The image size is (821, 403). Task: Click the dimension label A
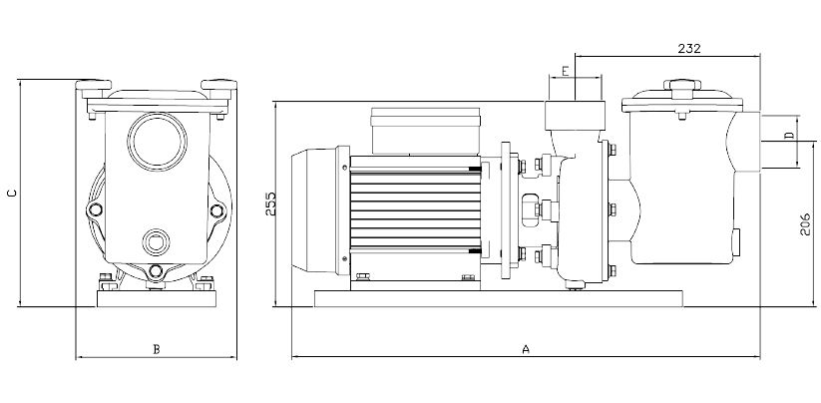526,349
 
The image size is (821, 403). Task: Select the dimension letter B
156,349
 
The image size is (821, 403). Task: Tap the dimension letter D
788,135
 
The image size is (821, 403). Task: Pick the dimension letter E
565,71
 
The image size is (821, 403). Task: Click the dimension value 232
689,48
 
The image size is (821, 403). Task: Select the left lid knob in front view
100,85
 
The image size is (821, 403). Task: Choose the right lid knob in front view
215,85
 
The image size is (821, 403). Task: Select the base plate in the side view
498,297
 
